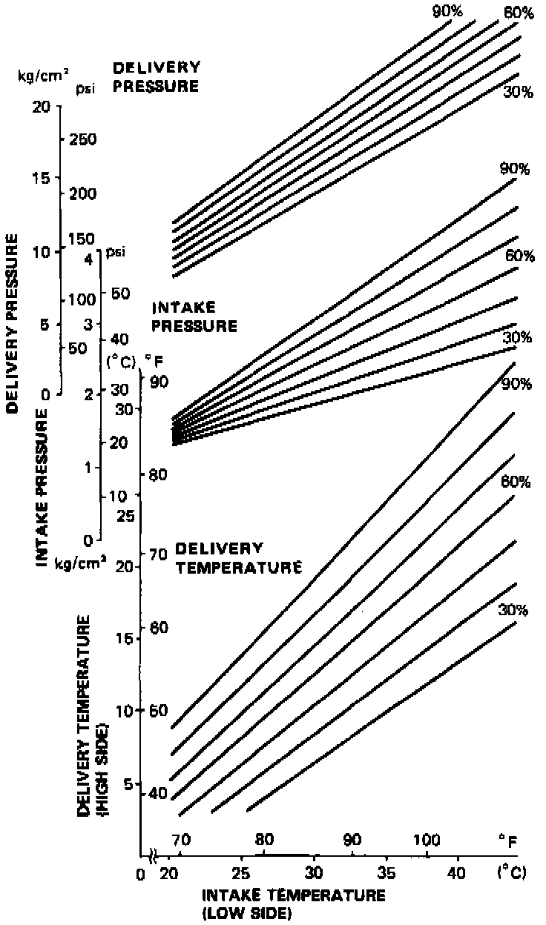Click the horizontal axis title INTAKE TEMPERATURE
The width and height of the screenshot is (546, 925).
[293, 895]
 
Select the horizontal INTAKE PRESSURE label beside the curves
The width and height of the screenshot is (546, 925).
[194, 316]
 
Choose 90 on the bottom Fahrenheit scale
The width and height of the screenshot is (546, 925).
[352, 840]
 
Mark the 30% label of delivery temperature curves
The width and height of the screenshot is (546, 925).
[514, 611]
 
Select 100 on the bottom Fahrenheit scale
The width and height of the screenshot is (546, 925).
[427, 840]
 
